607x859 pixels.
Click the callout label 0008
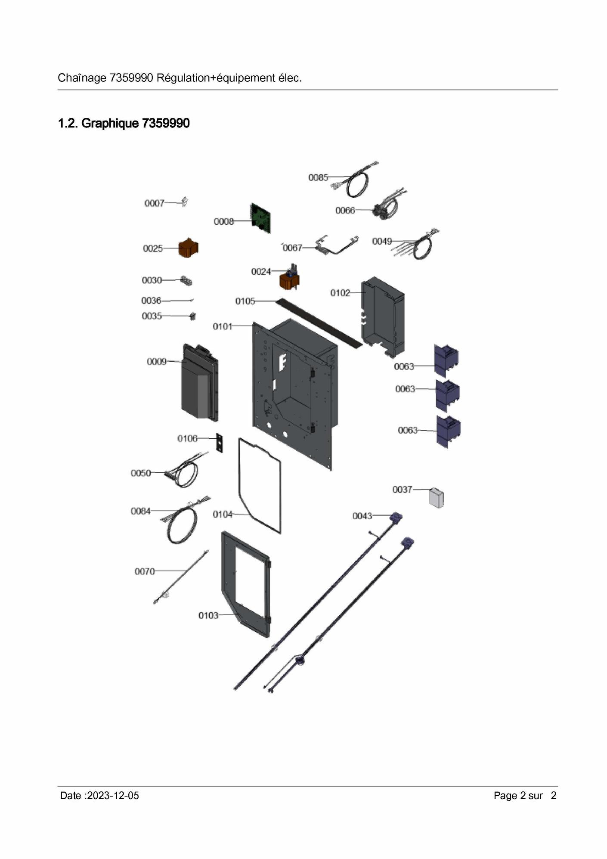tap(223, 221)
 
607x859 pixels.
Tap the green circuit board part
tap(261, 218)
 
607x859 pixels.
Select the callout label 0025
tap(153, 248)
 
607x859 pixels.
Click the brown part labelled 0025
tap(188, 248)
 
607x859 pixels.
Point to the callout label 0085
tap(318, 177)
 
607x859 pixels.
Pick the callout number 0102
tap(340, 293)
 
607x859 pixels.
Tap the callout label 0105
tap(245, 301)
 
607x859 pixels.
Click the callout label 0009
tap(157, 362)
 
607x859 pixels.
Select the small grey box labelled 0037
tap(437, 498)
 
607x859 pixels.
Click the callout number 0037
tap(402, 490)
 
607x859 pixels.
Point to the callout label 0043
tap(362, 516)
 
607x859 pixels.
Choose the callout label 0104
tap(223, 515)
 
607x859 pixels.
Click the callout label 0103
tap(208, 616)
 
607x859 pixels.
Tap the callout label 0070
tap(145, 571)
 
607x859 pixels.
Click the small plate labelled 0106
tap(220, 443)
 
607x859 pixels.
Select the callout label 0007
tap(155, 203)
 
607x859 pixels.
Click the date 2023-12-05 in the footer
tap(113, 796)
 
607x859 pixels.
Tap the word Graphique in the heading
tap(110, 123)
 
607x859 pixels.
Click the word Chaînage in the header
tap(82, 78)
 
